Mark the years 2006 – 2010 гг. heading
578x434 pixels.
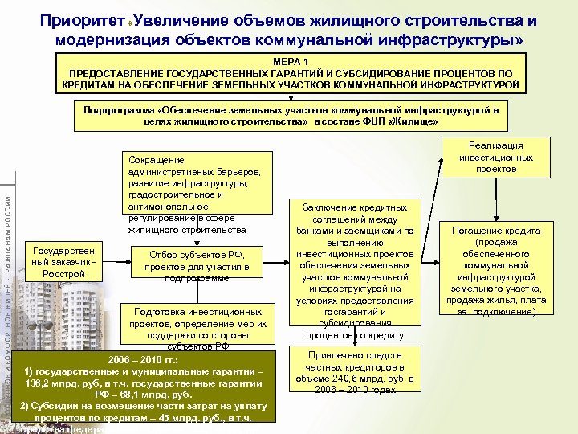(x=144, y=358)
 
